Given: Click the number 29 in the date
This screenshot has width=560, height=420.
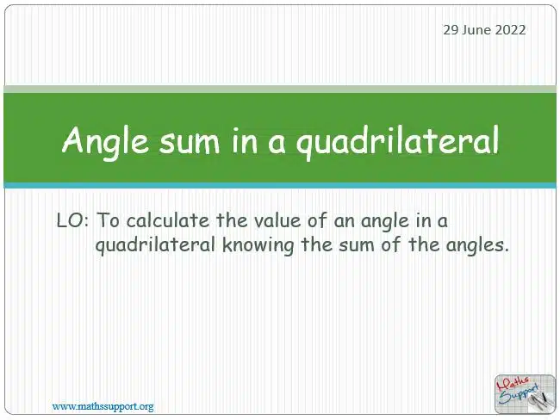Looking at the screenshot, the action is coord(451,29).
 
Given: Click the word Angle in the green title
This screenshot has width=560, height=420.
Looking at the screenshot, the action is coord(105,141).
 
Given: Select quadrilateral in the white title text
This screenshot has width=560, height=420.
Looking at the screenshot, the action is coord(397,141).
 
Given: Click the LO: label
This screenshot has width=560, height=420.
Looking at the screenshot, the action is coord(72,220).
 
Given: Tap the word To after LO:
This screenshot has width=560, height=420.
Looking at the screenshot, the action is coord(109,219).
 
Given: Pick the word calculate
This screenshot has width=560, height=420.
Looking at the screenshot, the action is coord(168,219).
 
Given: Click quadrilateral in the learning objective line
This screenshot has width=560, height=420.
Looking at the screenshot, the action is coord(154,245).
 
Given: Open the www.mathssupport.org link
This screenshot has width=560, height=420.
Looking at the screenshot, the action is coord(103,406).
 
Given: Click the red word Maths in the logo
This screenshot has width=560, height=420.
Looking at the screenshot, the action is coord(514,385).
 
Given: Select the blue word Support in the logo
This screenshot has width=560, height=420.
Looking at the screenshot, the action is coord(520,394).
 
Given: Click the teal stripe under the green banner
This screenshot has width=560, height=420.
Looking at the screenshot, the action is coord(280,185).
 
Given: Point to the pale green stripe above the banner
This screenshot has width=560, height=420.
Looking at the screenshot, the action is coord(280,90).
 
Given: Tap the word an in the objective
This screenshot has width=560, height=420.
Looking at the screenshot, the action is coord(344,221).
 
